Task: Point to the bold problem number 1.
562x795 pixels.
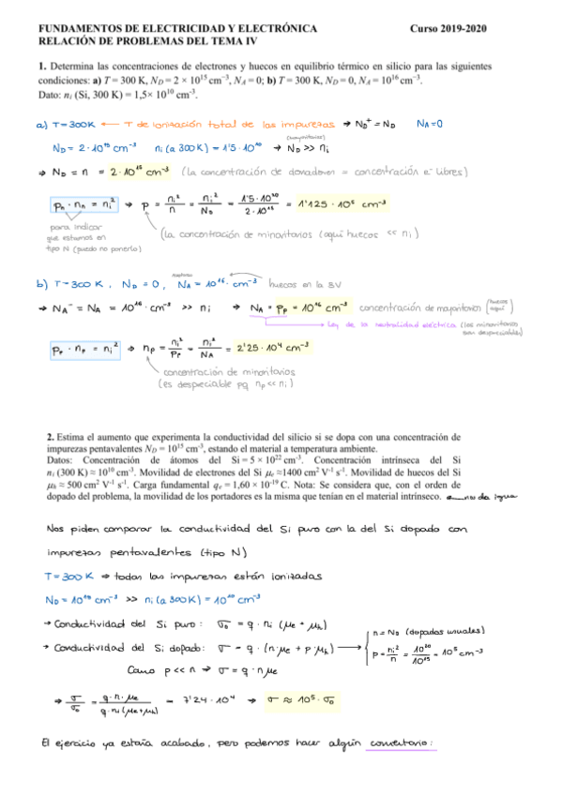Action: (42, 67)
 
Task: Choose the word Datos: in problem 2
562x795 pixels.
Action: (63, 460)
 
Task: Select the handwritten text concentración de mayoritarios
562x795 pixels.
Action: (421, 307)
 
